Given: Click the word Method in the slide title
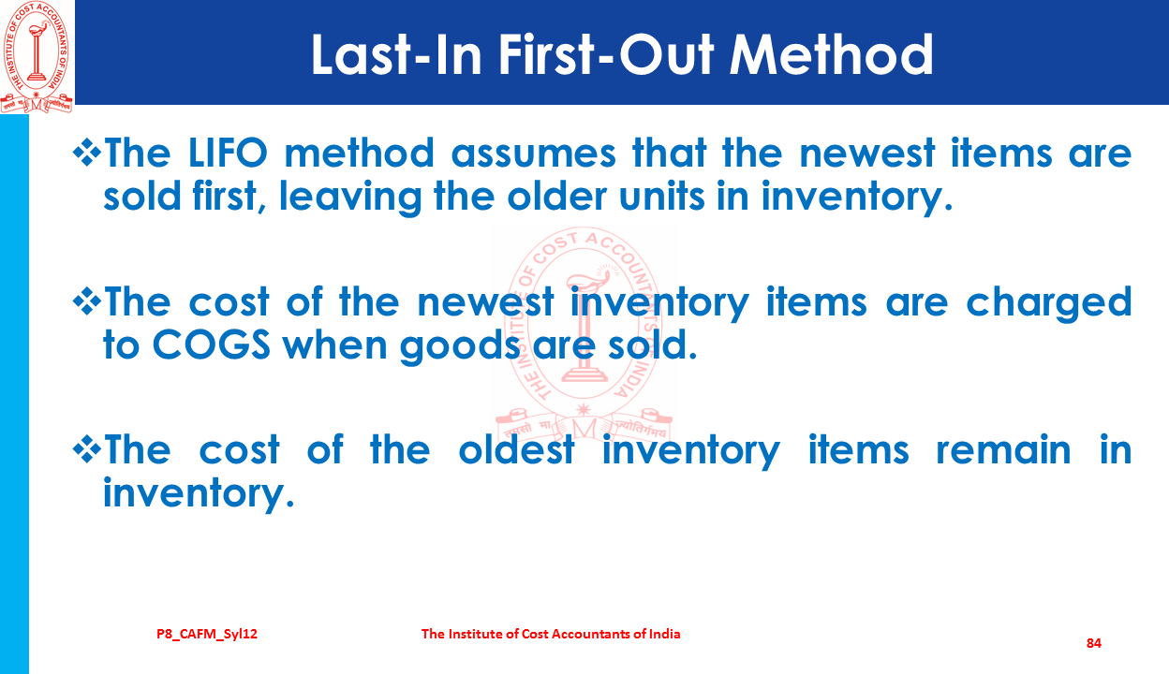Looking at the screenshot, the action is point(831,55).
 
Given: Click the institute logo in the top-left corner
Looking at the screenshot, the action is point(37,56).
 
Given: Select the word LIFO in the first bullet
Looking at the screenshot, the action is point(227,154).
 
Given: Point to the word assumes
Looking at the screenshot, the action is point(533,154).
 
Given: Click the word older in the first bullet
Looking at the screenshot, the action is point(556,197).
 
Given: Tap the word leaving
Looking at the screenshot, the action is point(350,198).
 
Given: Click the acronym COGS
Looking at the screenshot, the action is point(212,344).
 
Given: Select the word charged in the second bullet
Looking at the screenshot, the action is point(1049,303).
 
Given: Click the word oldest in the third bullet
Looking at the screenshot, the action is point(517,449).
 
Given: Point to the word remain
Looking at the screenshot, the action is point(1003,449).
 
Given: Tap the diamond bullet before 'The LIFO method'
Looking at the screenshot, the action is point(86,154).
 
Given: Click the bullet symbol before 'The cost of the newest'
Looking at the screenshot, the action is point(86,301).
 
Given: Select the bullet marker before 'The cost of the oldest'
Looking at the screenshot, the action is point(86,449).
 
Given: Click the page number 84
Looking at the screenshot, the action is point(1094,643).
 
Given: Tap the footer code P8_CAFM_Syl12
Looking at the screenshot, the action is point(207,635).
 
